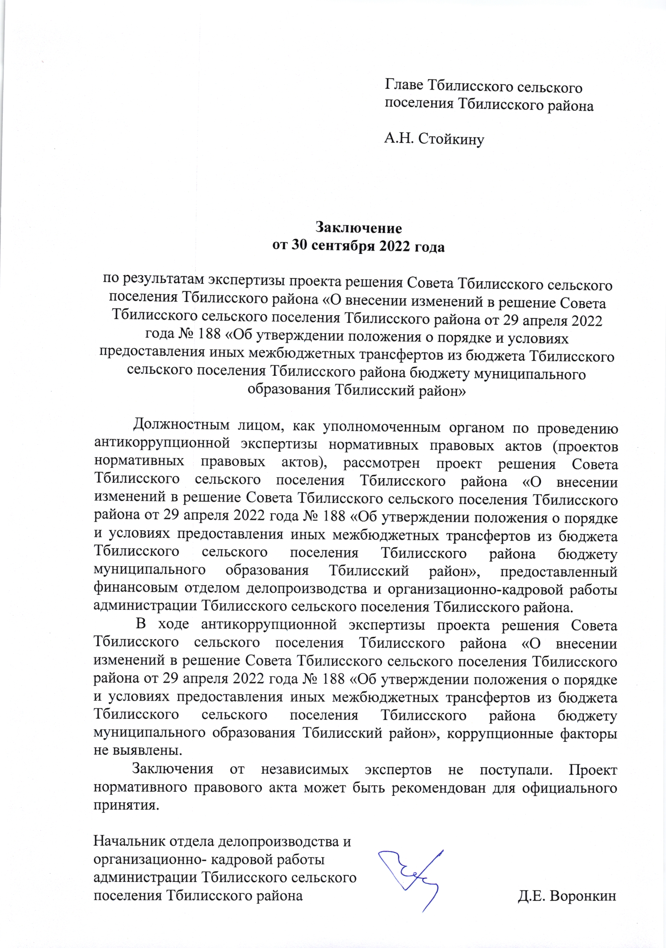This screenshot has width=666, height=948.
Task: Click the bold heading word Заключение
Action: pyautogui.click(x=358, y=228)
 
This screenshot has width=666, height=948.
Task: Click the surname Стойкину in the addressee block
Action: pyautogui.click(x=451, y=139)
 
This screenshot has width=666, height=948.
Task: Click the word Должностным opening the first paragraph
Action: pyautogui.click(x=181, y=425)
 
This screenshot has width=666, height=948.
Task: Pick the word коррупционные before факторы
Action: pyautogui.click(x=500, y=733)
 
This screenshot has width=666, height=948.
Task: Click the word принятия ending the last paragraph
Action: pyautogui.click(x=126, y=806)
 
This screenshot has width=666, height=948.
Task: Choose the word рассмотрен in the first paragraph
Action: pyautogui.click(x=381, y=463)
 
